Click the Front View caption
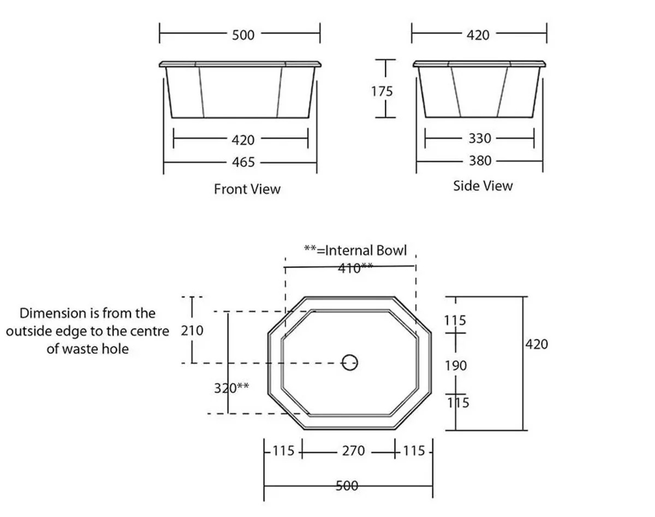pos(247,189)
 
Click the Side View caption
pos(483,186)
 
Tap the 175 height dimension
pos(382,91)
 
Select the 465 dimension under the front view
pos(243,162)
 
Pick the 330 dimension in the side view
pos(480,139)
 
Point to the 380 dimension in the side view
pos(480,161)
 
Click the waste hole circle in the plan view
pos(350,362)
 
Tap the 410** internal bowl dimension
pos(355,268)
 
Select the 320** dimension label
pos(231,388)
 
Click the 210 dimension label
pos(192,330)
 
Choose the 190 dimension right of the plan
pos(455,365)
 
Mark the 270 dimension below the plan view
pos(353,451)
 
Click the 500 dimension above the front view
pos(243,35)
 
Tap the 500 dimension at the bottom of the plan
pos(347,485)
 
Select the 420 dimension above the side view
pos(478,35)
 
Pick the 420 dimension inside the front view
pos(243,140)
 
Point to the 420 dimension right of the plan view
pos(537,344)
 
